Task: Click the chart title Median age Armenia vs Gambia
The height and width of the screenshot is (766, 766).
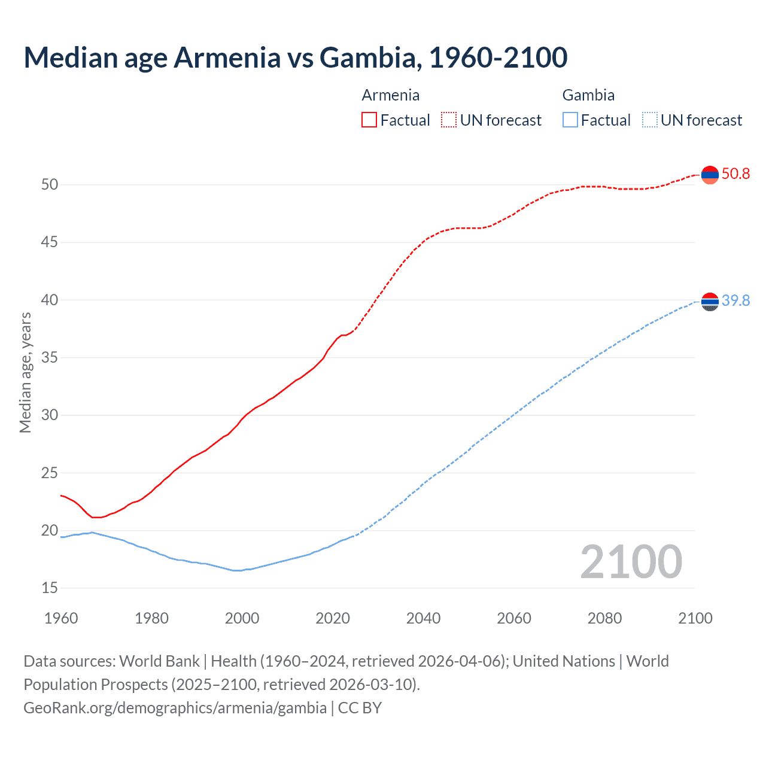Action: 295,57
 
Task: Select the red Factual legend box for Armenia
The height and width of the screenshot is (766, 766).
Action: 369,120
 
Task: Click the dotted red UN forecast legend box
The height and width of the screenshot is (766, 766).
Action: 449,120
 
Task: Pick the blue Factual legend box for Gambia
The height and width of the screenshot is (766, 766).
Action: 570,120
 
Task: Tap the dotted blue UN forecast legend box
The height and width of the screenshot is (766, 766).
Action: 649,120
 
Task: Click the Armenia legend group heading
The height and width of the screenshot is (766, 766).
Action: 390,95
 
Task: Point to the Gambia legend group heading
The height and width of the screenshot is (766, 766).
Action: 588,95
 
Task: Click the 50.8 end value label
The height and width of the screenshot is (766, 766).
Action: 735,174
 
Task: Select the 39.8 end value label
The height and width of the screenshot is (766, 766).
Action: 735,300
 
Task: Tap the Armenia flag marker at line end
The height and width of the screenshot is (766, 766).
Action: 710,175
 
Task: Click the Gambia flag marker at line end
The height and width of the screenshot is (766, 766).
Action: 710,302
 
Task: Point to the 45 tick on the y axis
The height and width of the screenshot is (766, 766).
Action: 50,242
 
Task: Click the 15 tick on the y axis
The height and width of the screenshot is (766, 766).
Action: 50,588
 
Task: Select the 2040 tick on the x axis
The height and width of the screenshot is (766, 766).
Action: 423,618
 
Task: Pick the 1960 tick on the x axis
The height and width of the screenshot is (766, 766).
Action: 61,618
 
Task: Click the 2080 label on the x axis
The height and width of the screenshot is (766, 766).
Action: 604,618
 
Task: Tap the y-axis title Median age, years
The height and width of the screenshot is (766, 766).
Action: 25,372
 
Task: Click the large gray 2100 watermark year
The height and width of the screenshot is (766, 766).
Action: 631,562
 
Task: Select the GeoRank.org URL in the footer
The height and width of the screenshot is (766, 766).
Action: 175,708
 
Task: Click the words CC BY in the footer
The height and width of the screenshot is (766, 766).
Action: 360,708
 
